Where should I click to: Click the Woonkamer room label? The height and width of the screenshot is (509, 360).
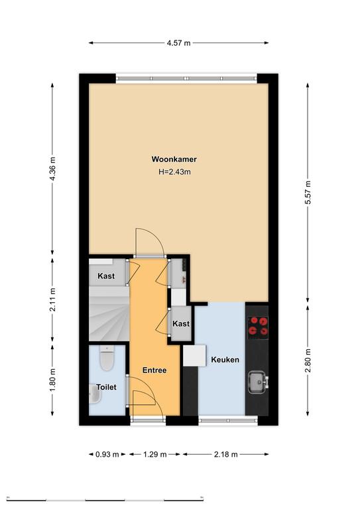tap(174, 159)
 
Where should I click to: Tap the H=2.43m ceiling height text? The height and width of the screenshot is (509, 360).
tap(174, 172)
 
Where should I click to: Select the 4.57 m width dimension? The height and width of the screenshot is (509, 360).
tap(178, 43)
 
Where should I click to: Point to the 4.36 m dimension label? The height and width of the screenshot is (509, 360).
tap(52, 169)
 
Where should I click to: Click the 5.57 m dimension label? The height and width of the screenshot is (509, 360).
tap(308, 192)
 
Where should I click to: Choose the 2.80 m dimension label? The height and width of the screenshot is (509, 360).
tap(308, 361)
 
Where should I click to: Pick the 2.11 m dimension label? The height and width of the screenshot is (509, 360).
tap(52, 300)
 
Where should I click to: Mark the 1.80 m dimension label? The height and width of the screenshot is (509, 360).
tap(52, 380)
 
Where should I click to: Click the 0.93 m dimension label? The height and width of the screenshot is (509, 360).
tap(107, 455)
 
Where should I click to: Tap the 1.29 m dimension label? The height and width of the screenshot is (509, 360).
tap(155, 455)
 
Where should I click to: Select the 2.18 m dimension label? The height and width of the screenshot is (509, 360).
tap(225, 455)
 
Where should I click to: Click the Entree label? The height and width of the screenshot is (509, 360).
tap(154, 370)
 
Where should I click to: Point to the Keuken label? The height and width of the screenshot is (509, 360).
tap(225, 360)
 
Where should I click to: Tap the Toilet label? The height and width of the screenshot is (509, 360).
tap(106, 387)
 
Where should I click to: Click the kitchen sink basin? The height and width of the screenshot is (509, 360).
tap(257, 382)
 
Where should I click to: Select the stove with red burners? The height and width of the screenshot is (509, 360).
tap(258, 326)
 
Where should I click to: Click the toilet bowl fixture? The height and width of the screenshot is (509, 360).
tap(107, 358)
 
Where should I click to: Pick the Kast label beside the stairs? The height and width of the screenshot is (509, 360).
tap(106, 276)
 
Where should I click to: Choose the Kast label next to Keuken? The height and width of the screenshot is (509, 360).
tap(181, 323)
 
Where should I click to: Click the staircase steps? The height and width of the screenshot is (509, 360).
tap(109, 313)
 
